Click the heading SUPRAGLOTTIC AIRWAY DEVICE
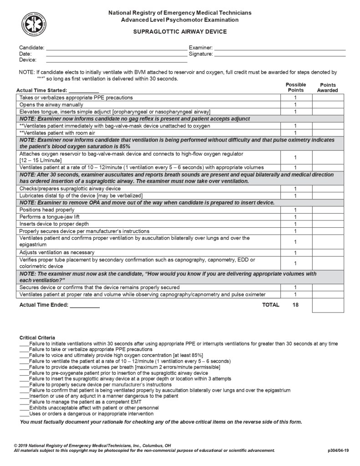(x=179, y=32)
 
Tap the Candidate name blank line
(x=116, y=48)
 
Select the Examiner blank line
(x=279, y=48)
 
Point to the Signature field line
(x=279, y=54)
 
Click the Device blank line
(x=116, y=61)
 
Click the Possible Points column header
(x=295, y=87)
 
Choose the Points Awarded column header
(x=328, y=87)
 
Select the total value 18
(x=295, y=305)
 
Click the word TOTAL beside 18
(x=271, y=305)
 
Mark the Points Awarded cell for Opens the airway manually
(x=328, y=105)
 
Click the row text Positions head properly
(x=47, y=210)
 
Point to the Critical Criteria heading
(x=38, y=337)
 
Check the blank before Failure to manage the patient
(x=24, y=402)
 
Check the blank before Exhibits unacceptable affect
(x=24, y=408)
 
